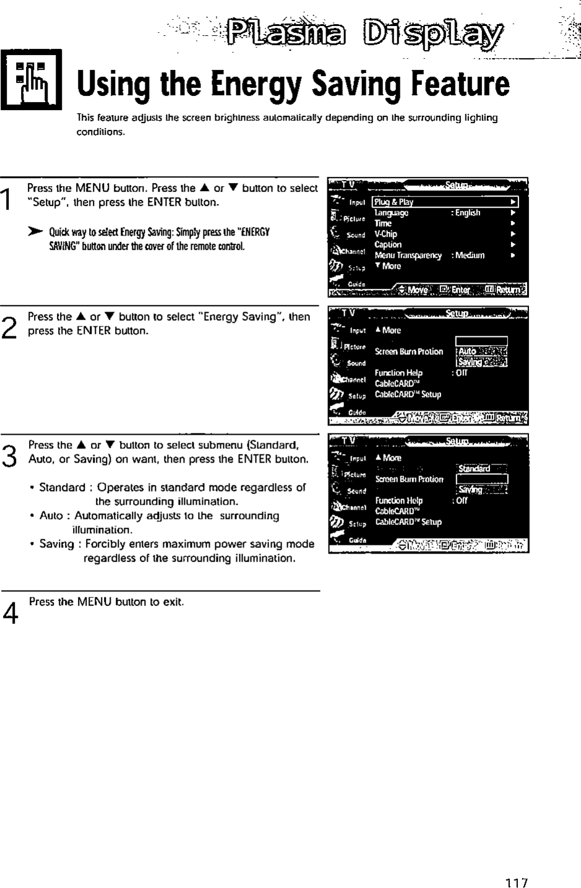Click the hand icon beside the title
30,79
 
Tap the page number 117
515,882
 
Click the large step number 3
9,456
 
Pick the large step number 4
9,612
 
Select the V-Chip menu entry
386,234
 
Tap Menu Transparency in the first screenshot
408,255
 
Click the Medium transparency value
470,255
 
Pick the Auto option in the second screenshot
468,351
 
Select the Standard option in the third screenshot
475,469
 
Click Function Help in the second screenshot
398,373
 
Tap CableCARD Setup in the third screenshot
408,522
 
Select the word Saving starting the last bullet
56,544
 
